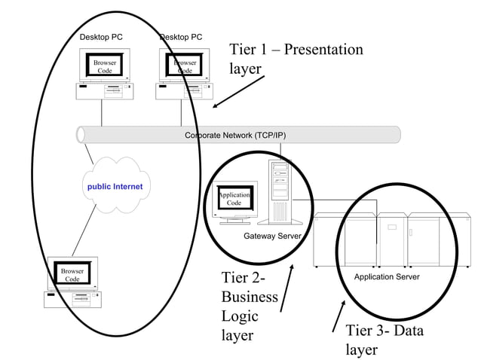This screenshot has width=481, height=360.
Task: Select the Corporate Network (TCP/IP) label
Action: click(235, 136)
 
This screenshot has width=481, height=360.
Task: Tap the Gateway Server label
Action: click(272, 236)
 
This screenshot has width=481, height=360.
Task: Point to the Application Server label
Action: click(386, 276)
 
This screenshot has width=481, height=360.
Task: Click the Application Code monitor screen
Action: click(234, 199)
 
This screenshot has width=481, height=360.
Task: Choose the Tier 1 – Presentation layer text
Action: click(296, 59)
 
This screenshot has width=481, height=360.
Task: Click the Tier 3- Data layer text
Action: click(384, 340)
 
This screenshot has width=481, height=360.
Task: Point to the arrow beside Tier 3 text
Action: click(339, 316)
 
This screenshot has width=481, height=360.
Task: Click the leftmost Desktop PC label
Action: click(101, 37)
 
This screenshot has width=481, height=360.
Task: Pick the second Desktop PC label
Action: click(181, 37)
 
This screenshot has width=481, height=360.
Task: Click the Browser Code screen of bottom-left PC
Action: click(72, 274)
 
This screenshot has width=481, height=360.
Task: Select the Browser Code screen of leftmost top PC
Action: click(105, 66)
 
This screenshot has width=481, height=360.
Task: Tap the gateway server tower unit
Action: click(279, 191)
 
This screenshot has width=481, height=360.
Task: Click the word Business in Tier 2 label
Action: click(250, 297)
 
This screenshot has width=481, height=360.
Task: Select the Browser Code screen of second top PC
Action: click(185, 66)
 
